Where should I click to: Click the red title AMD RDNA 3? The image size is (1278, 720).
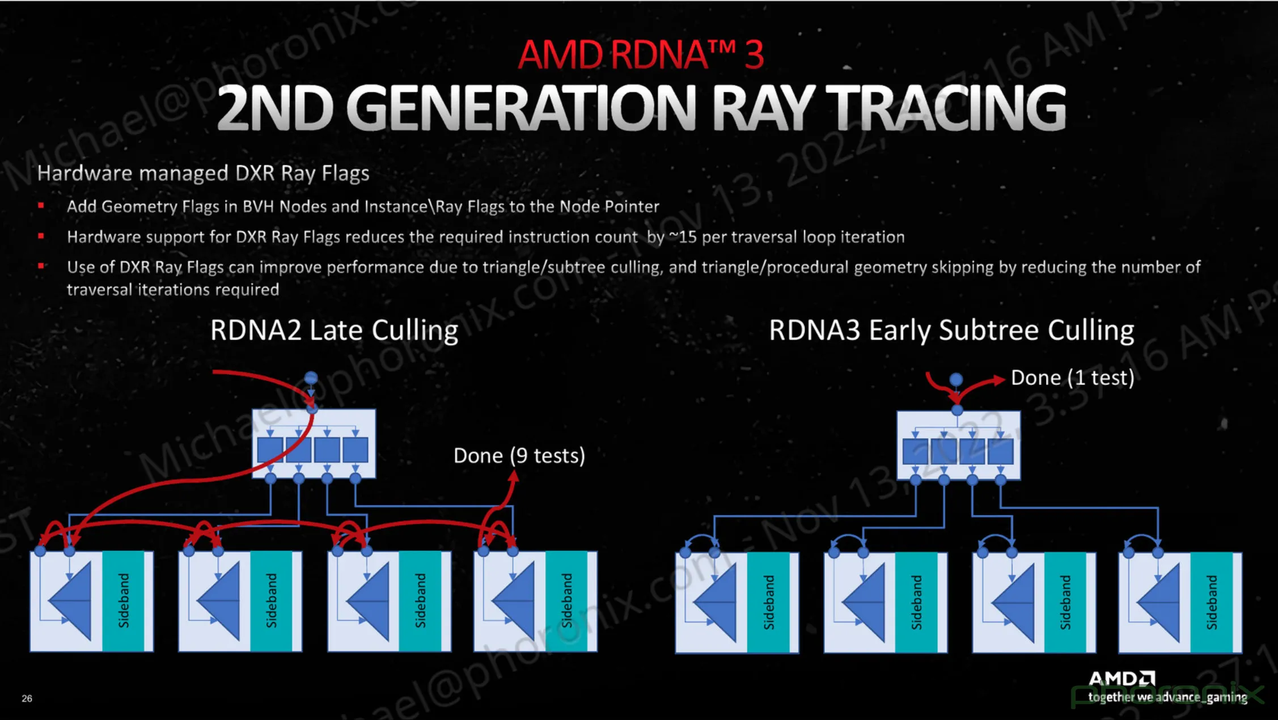(x=641, y=54)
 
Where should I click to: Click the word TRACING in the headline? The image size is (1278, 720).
(x=946, y=107)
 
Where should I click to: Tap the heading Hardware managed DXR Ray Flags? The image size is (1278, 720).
(x=203, y=173)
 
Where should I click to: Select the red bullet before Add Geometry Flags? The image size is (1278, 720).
(x=41, y=205)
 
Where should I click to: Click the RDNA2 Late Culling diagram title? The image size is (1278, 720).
(x=334, y=330)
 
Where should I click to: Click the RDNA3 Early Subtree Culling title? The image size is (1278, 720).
(x=951, y=330)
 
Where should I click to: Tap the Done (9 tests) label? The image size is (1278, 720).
(x=519, y=456)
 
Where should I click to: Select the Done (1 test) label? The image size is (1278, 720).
(x=1072, y=378)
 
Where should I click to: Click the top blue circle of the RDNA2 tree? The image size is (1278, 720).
(x=311, y=378)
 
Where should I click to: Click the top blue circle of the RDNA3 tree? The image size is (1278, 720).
(x=956, y=379)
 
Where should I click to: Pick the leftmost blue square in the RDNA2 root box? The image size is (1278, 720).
(x=270, y=450)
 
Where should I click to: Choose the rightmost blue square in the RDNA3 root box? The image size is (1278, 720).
(x=1000, y=452)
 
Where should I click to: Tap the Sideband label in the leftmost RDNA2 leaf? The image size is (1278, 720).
(x=124, y=600)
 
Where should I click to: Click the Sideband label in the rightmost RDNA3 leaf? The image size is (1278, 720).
(x=1212, y=602)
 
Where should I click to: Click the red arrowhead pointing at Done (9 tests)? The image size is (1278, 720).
(x=513, y=477)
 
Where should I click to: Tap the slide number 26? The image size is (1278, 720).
(x=27, y=698)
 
